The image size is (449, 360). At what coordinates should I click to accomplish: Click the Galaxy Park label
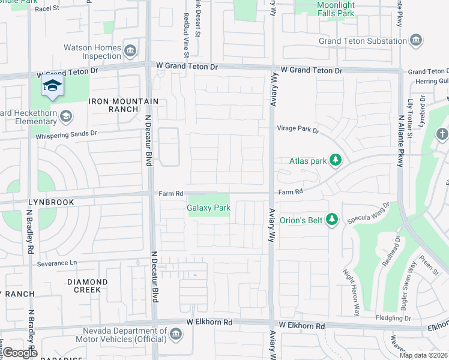coord(209,208)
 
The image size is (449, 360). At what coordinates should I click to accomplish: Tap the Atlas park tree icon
coord(336,161)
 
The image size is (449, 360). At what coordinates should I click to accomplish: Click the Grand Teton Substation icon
coord(415,41)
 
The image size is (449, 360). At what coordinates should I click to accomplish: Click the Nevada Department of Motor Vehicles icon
coord(176,334)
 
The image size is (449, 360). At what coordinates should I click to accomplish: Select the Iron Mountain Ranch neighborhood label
coord(124,106)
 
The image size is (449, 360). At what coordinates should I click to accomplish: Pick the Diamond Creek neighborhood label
coord(87,286)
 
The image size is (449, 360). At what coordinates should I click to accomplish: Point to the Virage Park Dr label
coord(298,128)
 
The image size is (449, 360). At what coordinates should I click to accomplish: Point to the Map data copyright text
coord(423,355)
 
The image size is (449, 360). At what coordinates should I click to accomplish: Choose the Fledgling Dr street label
coord(393,317)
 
